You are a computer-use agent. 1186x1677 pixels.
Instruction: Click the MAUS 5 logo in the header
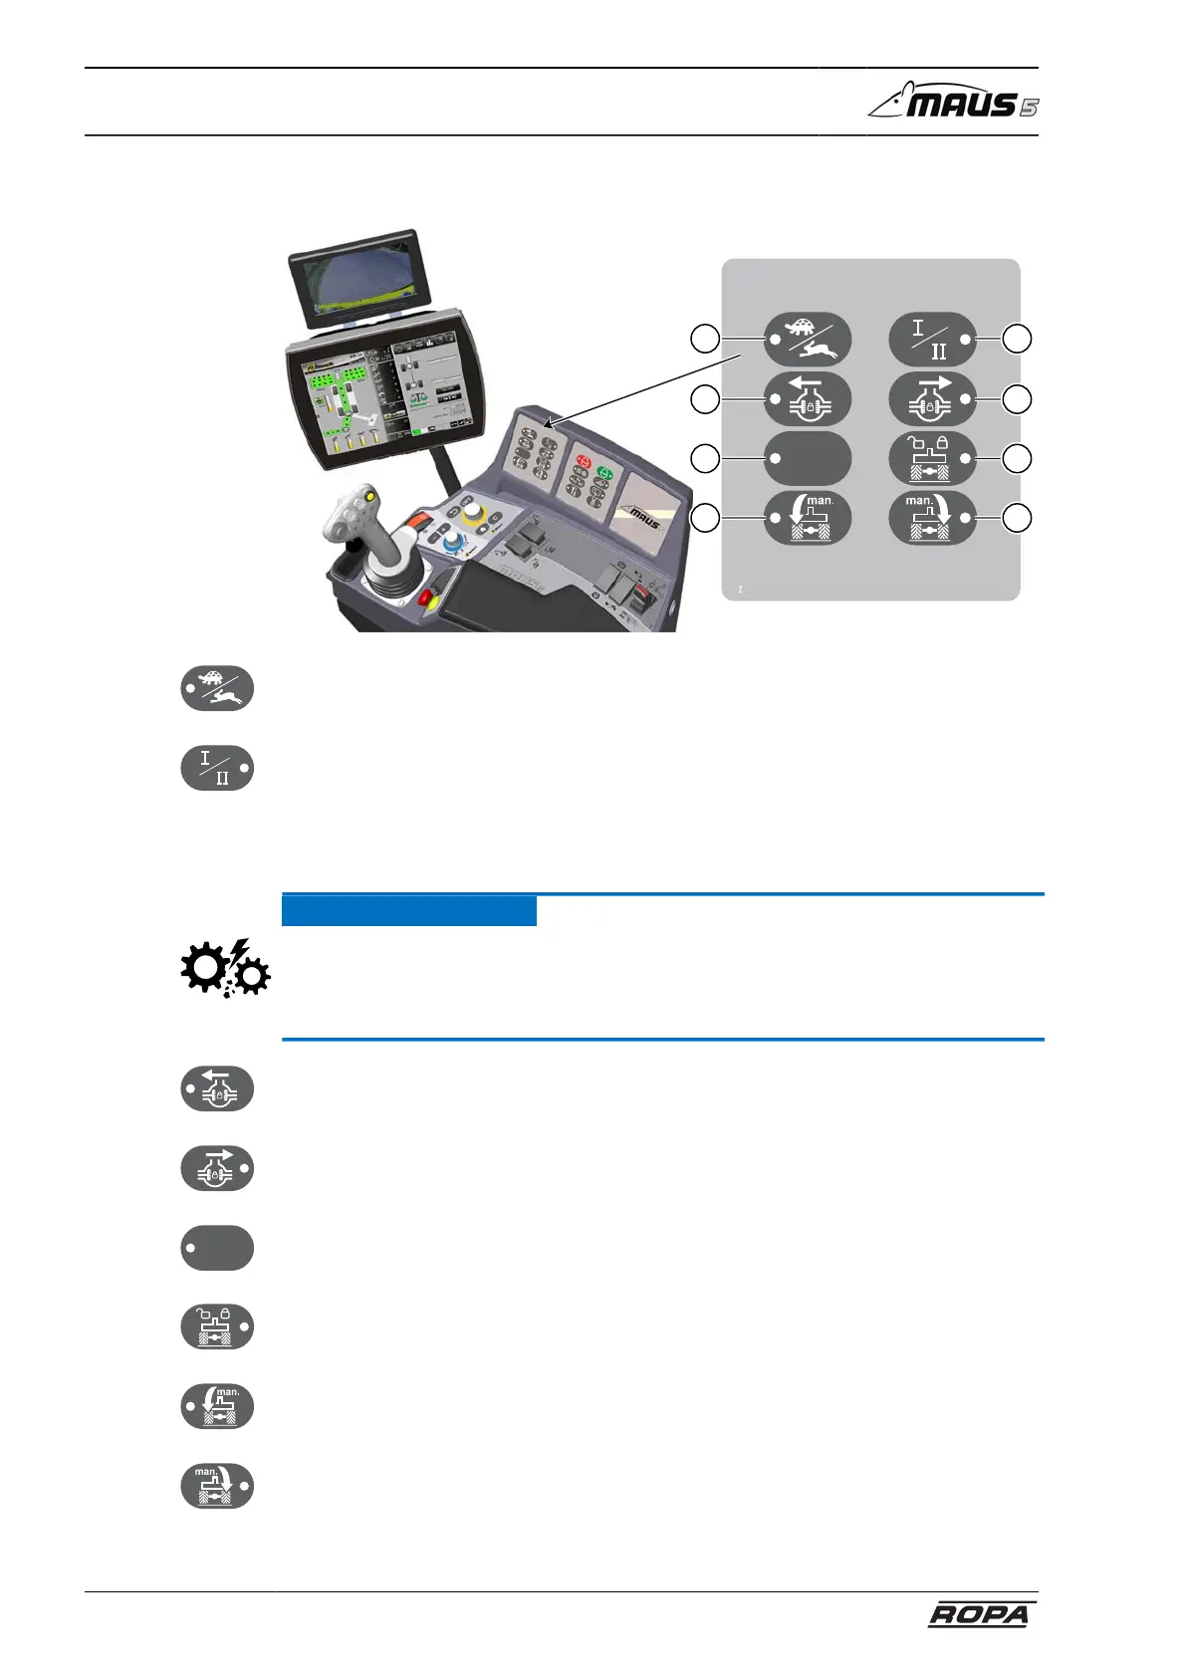click(x=954, y=102)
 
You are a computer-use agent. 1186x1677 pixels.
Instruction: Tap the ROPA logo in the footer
click(x=979, y=1614)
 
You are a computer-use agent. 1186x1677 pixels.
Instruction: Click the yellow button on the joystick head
click(x=370, y=495)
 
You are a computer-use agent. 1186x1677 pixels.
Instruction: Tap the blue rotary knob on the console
click(x=453, y=543)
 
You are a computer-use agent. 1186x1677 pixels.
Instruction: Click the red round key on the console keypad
click(x=583, y=463)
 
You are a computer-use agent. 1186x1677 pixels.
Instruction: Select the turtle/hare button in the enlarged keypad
click(x=808, y=339)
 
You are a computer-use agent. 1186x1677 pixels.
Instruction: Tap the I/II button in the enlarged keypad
click(x=931, y=339)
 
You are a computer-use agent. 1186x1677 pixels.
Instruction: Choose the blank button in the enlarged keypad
click(x=808, y=458)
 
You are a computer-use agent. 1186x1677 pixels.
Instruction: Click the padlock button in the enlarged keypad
click(x=931, y=458)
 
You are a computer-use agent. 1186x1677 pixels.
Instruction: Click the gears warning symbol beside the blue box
click(x=225, y=969)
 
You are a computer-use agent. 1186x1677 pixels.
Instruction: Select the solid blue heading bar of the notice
click(x=408, y=910)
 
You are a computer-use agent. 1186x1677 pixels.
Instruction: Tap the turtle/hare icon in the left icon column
click(x=217, y=688)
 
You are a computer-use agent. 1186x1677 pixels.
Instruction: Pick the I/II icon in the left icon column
click(x=217, y=768)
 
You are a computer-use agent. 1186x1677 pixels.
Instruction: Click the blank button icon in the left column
click(x=217, y=1248)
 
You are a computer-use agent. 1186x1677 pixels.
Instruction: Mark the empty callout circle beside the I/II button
click(x=1017, y=339)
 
